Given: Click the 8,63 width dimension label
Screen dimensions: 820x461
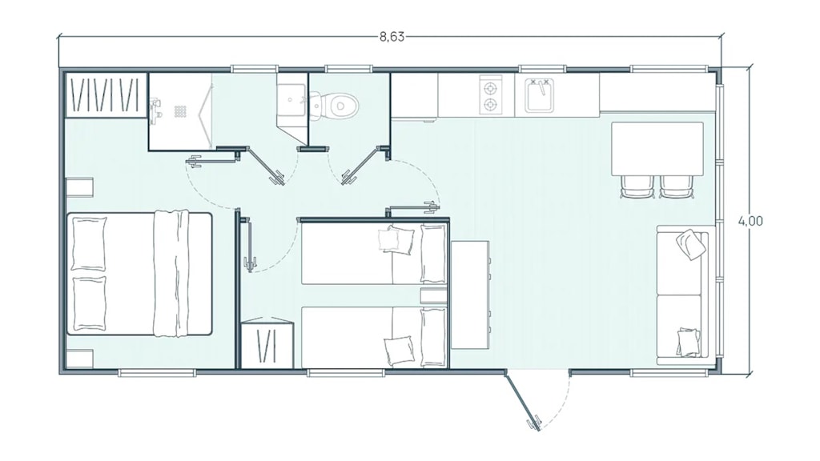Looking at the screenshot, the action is pyautogui.click(x=391, y=37).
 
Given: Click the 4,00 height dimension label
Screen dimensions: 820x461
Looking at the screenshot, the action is pyautogui.click(x=750, y=221).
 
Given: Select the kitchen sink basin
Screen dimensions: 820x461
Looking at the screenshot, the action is pyautogui.click(x=539, y=96).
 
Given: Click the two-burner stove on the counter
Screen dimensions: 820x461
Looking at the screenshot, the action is pyautogui.click(x=491, y=95).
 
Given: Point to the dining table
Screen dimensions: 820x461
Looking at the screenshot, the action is pyautogui.click(x=657, y=149).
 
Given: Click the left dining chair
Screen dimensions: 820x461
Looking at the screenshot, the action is pyautogui.click(x=637, y=186).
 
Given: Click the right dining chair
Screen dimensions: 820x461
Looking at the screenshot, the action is pyautogui.click(x=677, y=186).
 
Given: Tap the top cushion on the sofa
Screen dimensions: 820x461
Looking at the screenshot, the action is pyautogui.click(x=691, y=244).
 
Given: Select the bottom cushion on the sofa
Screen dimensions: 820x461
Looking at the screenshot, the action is pyautogui.click(x=689, y=342).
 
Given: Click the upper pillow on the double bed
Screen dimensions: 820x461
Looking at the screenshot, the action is pyautogui.click(x=88, y=243).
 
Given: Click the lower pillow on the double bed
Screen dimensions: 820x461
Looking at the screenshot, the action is pyautogui.click(x=89, y=303).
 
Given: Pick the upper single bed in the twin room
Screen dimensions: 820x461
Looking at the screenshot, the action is pyautogui.click(x=374, y=254).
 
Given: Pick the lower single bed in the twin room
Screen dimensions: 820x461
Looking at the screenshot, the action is pyautogui.click(x=374, y=337).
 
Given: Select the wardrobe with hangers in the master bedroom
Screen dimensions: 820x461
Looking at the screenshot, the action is pyautogui.click(x=105, y=95).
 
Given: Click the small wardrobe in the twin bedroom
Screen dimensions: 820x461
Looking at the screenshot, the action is pyautogui.click(x=267, y=343).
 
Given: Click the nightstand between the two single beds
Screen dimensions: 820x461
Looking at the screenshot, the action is pyautogui.click(x=433, y=295).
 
